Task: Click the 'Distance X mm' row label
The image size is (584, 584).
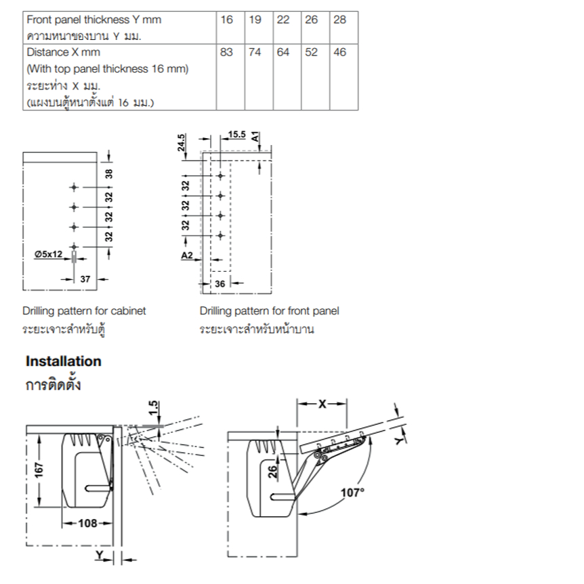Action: point(63,52)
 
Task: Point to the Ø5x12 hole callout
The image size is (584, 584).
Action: point(48,254)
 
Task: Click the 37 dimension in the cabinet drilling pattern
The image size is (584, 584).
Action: point(85,279)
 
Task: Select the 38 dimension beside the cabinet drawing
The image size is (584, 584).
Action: point(108,173)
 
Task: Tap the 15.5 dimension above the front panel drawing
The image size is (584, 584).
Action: point(237,134)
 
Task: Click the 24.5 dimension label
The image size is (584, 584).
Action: point(181,142)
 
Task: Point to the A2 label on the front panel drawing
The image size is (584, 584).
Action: point(187,255)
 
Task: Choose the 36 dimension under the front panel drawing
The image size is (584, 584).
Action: point(220,284)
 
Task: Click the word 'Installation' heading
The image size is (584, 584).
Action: point(63,361)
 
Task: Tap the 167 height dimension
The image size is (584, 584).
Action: point(39,470)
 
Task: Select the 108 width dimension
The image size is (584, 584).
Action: point(87,523)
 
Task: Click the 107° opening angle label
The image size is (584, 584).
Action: point(352,493)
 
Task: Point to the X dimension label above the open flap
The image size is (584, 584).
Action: point(322,404)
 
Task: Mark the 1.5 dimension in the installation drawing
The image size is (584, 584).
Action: point(153,408)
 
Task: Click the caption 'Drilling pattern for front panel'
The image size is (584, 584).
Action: point(269,310)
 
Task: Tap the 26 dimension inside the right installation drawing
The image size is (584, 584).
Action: point(272,471)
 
